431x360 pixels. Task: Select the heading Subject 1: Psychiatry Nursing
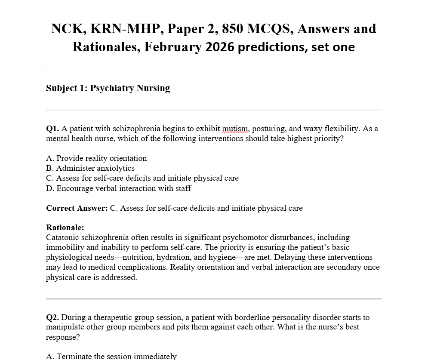coord(108,88)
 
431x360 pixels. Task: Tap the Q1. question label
coord(52,129)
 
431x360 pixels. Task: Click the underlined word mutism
coord(235,129)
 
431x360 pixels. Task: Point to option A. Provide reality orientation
coord(96,158)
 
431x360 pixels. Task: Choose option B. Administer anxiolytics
coord(90,168)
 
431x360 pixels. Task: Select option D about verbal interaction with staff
coord(118,188)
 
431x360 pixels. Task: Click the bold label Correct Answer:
coord(77,208)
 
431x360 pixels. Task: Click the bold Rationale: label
coord(65,228)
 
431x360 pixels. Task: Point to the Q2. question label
coord(52,317)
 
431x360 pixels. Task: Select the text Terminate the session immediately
coord(116,356)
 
